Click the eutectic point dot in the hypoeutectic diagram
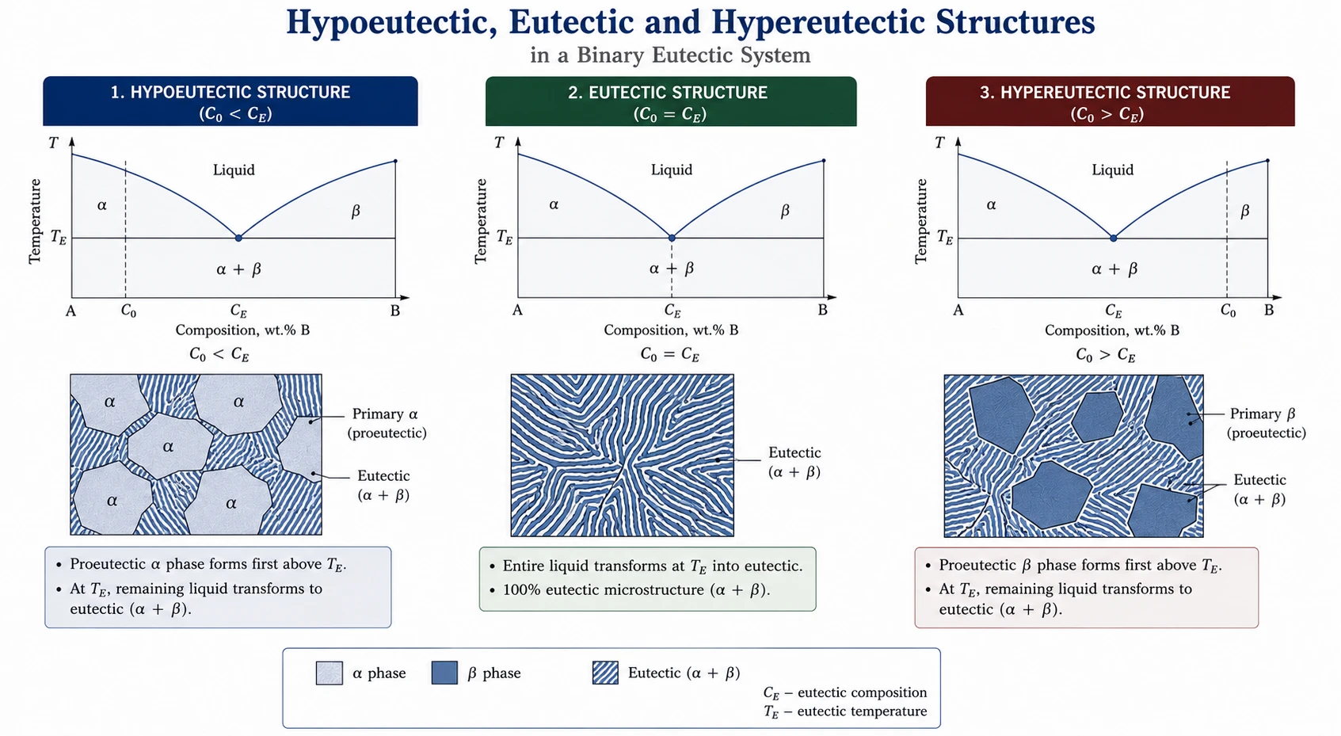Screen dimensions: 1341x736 (x=238, y=238)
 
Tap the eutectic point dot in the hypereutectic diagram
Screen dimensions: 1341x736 (x=1113, y=238)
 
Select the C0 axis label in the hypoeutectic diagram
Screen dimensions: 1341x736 (x=128, y=311)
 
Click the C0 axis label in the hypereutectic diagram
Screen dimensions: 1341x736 (x=1228, y=311)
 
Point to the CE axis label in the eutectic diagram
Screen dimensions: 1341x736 (x=672, y=311)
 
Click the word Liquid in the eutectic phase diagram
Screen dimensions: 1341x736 (x=672, y=170)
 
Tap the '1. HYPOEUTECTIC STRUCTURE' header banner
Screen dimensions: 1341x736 (x=230, y=101)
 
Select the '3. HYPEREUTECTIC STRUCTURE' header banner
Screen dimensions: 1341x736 (x=1110, y=101)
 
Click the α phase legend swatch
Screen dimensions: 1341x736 (x=330, y=673)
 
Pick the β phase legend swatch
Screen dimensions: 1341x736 (x=444, y=673)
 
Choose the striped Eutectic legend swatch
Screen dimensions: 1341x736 (x=605, y=673)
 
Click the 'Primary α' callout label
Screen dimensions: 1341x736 (x=385, y=414)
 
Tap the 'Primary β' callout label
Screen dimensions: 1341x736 (x=1263, y=414)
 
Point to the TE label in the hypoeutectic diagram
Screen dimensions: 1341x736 (x=58, y=237)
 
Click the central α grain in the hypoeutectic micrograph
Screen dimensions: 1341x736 (x=170, y=445)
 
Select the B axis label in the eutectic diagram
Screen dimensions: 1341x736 (x=822, y=310)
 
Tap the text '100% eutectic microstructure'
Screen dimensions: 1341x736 (x=604, y=590)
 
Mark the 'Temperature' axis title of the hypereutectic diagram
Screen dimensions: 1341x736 (x=920, y=221)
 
